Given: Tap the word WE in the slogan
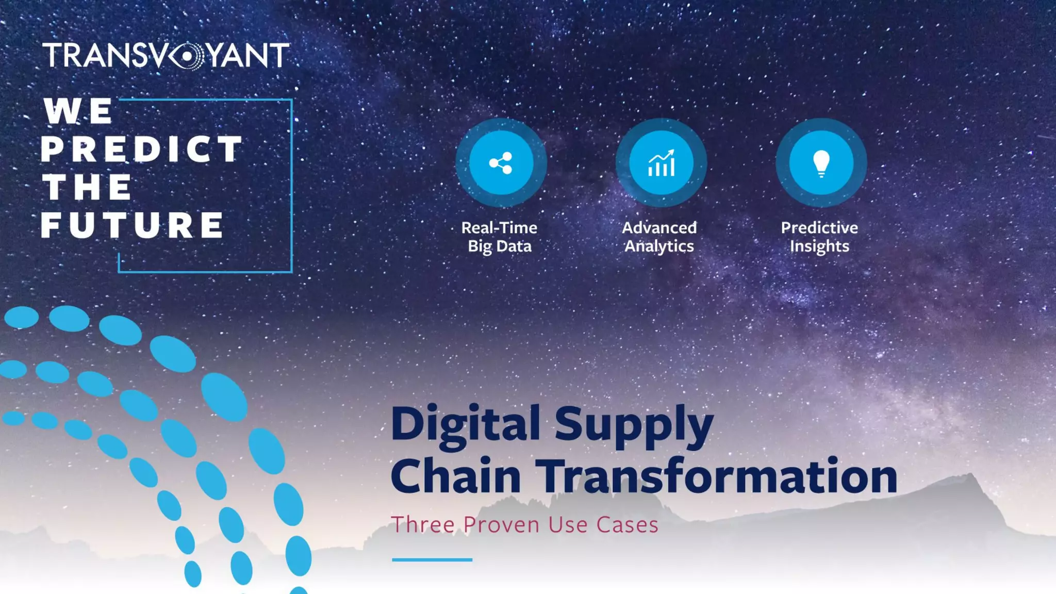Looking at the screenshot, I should click(78, 111).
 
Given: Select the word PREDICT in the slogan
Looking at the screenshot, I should click(141, 149).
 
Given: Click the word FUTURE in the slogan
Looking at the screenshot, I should click(133, 225).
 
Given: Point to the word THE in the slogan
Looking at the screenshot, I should click(87, 187).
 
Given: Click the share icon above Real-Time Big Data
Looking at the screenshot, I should click(501, 163).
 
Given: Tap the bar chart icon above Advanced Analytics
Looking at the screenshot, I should click(661, 163).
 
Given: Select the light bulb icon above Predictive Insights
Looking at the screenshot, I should click(821, 163).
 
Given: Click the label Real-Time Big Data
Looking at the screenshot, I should click(499, 237).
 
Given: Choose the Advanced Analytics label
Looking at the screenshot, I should click(659, 237).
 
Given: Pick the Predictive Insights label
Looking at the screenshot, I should click(819, 237).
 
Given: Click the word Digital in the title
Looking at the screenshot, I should click(465, 424).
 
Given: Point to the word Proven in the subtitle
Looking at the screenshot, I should click(501, 525).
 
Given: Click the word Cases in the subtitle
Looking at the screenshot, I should click(627, 525).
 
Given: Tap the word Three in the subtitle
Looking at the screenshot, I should click(423, 525).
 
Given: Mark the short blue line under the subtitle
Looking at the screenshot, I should click(432, 559).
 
